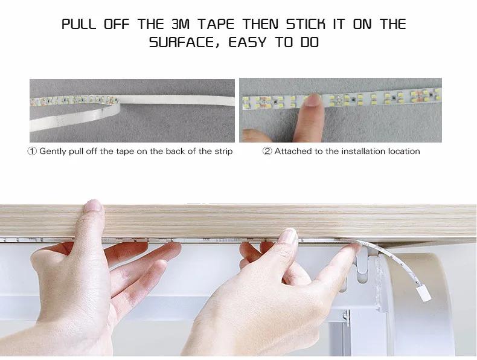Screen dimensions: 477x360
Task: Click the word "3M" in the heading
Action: (x=181, y=24)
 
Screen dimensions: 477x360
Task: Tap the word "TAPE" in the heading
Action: (x=217, y=24)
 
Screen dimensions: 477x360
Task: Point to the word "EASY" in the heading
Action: (x=248, y=42)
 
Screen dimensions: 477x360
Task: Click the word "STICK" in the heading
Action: (x=306, y=24)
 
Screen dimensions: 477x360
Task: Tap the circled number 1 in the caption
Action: (x=32, y=151)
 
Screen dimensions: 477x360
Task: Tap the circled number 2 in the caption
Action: (x=267, y=151)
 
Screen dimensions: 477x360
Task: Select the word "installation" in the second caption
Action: (x=362, y=151)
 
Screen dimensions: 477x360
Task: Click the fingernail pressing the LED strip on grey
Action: (x=312, y=100)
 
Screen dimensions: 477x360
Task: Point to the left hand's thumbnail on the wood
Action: (x=93, y=206)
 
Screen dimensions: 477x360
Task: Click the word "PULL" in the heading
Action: (x=78, y=24)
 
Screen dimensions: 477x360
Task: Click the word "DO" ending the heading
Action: (x=309, y=42)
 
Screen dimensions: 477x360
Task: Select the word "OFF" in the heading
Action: (x=117, y=24)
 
